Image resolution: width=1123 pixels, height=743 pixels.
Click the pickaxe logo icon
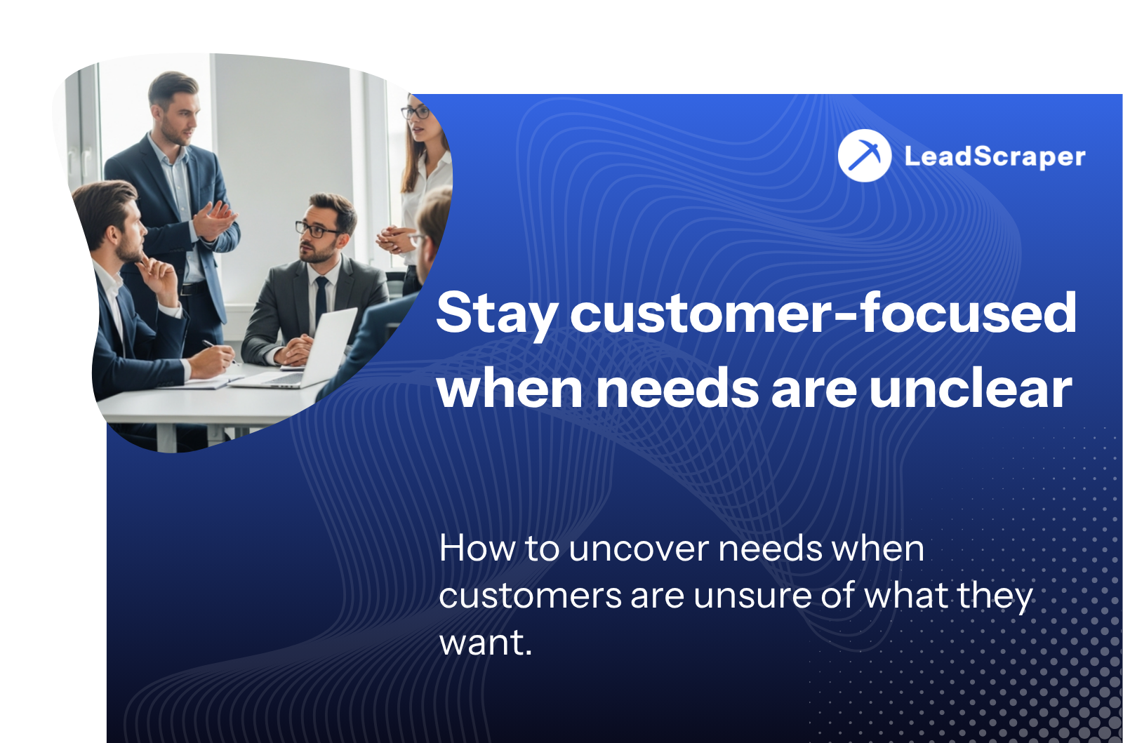tap(864, 155)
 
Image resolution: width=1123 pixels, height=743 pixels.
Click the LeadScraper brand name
tap(995, 156)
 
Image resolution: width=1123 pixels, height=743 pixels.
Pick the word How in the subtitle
tap(477, 548)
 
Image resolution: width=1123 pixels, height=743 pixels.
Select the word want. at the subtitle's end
tap(485, 643)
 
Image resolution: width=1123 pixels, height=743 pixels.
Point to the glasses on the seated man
tap(317, 230)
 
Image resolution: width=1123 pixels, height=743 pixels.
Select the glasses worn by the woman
tap(416, 113)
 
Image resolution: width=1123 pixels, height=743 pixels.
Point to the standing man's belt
tap(194, 288)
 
